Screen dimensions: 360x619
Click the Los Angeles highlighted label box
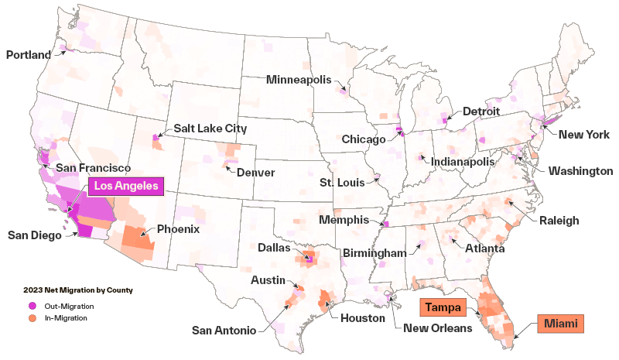click(126, 187)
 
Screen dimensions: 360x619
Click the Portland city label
click(28, 55)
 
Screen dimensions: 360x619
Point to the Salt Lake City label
click(210, 129)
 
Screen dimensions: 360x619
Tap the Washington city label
click(580, 171)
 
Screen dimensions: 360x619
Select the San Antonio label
click(224, 331)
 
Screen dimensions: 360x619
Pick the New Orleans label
click(438, 328)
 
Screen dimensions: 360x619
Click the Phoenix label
click(179, 229)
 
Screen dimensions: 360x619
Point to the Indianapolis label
click(463, 162)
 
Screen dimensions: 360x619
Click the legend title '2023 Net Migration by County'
click(78, 290)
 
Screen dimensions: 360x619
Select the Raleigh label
click(559, 221)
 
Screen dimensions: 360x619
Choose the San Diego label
click(34, 235)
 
